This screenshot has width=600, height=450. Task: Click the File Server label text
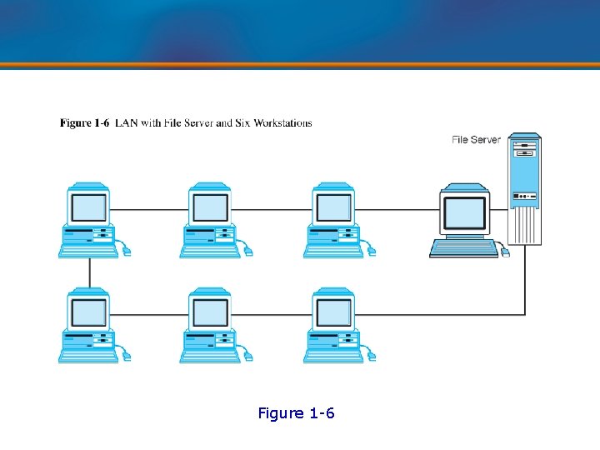tap(476, 139)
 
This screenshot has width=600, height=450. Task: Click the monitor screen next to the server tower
tap(464, 212)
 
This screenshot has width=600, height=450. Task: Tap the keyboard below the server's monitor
tap(462, 247)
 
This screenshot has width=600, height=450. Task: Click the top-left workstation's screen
tap(88, 207)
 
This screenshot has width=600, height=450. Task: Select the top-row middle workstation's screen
tap(210, 207)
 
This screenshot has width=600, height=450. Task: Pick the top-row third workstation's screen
tap(333, 207)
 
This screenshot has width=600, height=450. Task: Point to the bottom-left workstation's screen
tap(88, 312)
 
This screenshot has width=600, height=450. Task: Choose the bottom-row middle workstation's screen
tap(210, 312)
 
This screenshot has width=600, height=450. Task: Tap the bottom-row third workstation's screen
tap(333, 312)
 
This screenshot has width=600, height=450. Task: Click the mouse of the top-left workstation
tap(127, 251)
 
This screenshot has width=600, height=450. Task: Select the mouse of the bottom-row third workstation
tap(372, 356)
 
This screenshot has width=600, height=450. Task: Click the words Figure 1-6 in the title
tap(84, 122)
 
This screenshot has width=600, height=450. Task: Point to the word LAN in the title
tap(126, 122)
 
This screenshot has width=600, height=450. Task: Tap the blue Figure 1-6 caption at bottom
tap(297, 413)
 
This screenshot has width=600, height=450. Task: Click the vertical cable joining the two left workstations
tap(89, 272)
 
